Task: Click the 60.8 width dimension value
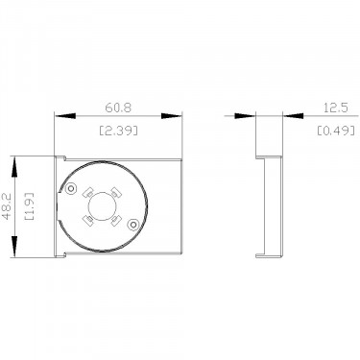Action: (118, 108)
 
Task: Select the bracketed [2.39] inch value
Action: (118, 131)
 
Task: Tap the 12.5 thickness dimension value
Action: (336, 108)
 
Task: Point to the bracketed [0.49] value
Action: (336, 131)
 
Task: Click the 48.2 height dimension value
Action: (7, 206)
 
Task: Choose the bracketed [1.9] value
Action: (30, 206)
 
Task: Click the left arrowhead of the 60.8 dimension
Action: (65, 116)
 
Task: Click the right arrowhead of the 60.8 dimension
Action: (172, 116)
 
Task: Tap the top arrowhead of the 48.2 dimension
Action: (14, 166)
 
